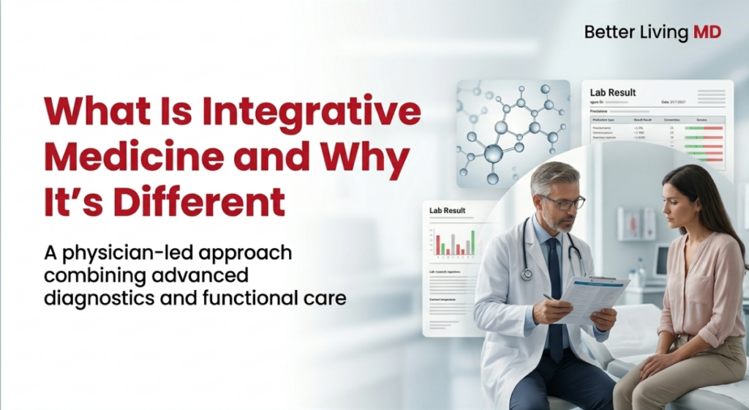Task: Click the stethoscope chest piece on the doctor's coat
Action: click(527, 274)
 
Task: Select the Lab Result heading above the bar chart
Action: click(447, 211)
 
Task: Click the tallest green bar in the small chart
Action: click(473, 242)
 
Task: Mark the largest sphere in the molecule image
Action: click(493, 153)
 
